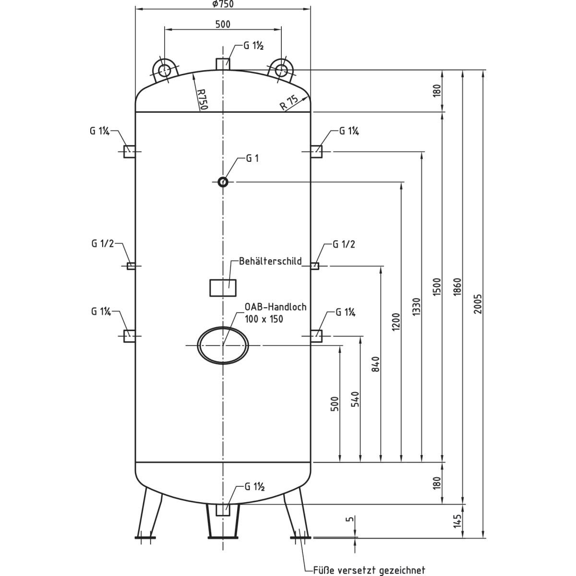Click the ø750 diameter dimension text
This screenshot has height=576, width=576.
coord(222,4)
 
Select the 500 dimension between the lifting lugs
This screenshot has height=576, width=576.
coord(223,24)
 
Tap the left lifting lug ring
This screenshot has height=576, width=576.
coord(164,70)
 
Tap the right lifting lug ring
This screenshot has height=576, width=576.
coord(282,70)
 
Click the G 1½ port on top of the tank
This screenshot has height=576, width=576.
coord(223,64)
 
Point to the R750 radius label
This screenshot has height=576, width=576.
coord(202,100)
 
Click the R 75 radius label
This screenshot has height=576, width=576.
coord(289,103)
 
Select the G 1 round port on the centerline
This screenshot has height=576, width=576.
coord(223,182)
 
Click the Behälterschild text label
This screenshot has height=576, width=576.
coord(271,261)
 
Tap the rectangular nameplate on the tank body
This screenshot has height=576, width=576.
coord(223,288)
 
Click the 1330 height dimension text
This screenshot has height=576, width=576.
coord(416,308)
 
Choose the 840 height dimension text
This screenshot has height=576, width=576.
coord(376,364)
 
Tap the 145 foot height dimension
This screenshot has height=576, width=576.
coord(457,521)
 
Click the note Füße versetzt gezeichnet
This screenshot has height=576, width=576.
coord(369,570)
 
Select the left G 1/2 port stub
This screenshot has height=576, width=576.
coord(131,266)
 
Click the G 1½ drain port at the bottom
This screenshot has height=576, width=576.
coord(223,510)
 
